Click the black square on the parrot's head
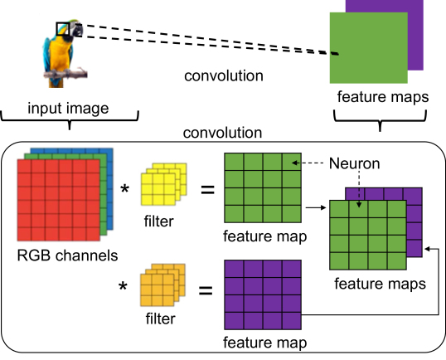click(x=64, y=30)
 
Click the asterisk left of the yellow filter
click(x=125, y=190)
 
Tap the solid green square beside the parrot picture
click(x=368, y=47)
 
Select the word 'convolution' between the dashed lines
click(x=224, y=76)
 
